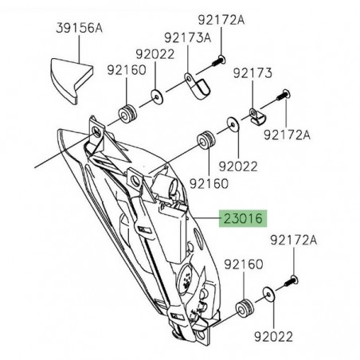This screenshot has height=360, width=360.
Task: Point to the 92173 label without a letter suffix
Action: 252,73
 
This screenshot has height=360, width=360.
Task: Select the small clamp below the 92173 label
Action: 254,117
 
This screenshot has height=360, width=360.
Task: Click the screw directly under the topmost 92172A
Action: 219,59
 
